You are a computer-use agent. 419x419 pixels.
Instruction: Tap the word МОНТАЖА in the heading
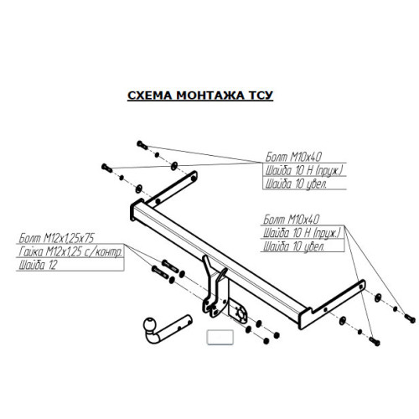tap(210, 96)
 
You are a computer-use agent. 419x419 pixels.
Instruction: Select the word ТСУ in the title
tap(261, 96)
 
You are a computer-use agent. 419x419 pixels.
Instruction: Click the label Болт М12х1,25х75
tap(56, 238)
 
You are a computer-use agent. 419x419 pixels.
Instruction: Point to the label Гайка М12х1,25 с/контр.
tap(70, 251)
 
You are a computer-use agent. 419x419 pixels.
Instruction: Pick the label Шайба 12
tap(38, 265)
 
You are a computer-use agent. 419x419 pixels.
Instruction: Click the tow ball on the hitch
tap(150, 324)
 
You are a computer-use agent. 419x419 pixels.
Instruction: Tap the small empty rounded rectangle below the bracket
tap(220, 337)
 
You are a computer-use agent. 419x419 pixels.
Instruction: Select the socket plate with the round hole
tap(238, 312)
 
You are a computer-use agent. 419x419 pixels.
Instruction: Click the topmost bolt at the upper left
tap(142, 145)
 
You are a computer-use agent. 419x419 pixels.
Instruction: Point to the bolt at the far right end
tap(410, 318)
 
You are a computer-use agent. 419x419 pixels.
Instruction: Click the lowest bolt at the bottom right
tap(375, 341)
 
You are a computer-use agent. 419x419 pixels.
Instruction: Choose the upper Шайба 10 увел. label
tap(296, 184)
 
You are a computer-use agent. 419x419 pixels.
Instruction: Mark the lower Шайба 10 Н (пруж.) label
tap(303, 233)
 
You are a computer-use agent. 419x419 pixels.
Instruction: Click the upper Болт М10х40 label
tap(293, 157)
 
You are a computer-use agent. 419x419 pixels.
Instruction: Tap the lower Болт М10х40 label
tap(291, 220)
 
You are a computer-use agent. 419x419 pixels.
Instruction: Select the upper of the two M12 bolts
tap(170, 266)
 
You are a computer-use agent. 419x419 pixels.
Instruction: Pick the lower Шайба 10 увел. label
tap(294, 246)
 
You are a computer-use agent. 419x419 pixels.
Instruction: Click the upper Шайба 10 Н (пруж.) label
tap(304, 171)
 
